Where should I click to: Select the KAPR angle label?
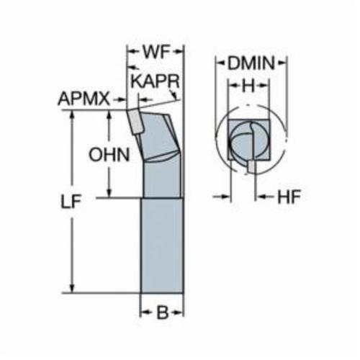tap(156, 81)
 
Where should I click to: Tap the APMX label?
tap(84, 99)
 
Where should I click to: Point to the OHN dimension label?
tap(109, 155)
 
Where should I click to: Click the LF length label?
tap(71, 201)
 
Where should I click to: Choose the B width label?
tap(162, 313)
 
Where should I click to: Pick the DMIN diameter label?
tap(251, 63)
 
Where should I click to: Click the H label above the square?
tap(248, 86)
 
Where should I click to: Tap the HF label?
tap(289, 197)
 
